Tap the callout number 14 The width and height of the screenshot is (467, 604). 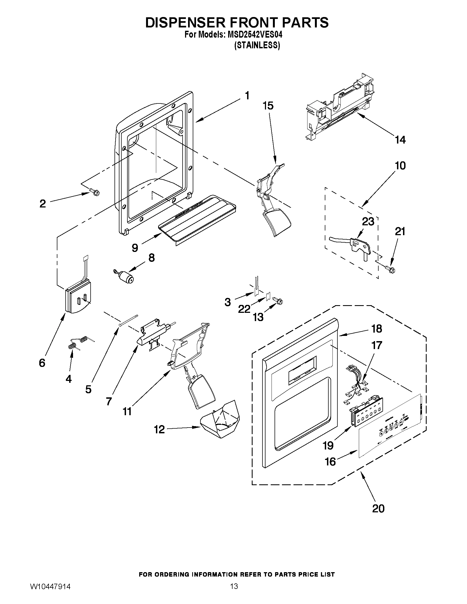point(400,140)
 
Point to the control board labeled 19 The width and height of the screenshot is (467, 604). point(361,412)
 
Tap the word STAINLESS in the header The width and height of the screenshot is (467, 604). point(257,46)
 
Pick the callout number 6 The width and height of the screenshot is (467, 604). point(42,363)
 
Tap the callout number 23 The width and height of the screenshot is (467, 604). point(368,221)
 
